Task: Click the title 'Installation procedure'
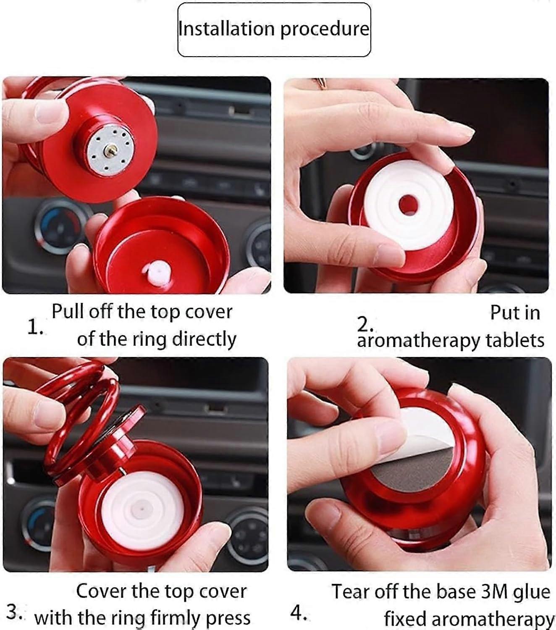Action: click(x=274, y=29)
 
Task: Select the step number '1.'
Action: click(x=35, y=328)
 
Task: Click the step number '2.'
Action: click(x=365, y=324)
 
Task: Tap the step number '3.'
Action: click(x=16, y=612)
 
